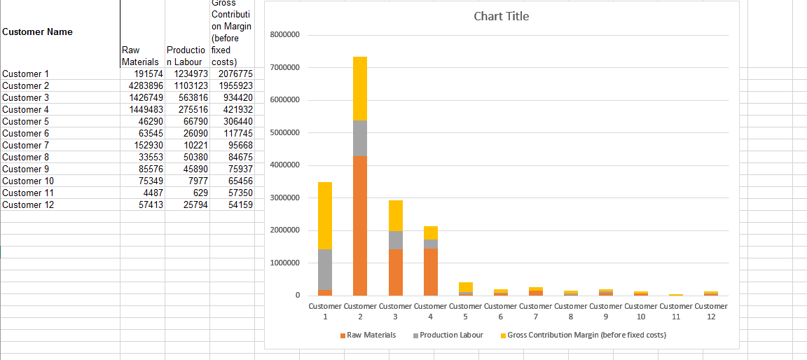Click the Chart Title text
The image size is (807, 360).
501,16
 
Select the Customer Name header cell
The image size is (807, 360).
38,32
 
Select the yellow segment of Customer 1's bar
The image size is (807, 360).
325,215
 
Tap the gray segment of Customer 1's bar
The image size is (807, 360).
325,269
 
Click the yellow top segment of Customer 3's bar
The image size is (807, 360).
395,215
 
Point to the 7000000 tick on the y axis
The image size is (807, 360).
284,67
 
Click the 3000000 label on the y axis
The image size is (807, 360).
284,198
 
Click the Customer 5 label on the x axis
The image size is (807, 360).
465,311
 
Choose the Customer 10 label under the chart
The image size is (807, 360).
640,311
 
